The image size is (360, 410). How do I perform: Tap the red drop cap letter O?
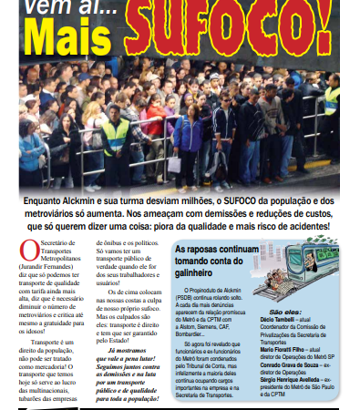pyautogui.click(x=27, y=250)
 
